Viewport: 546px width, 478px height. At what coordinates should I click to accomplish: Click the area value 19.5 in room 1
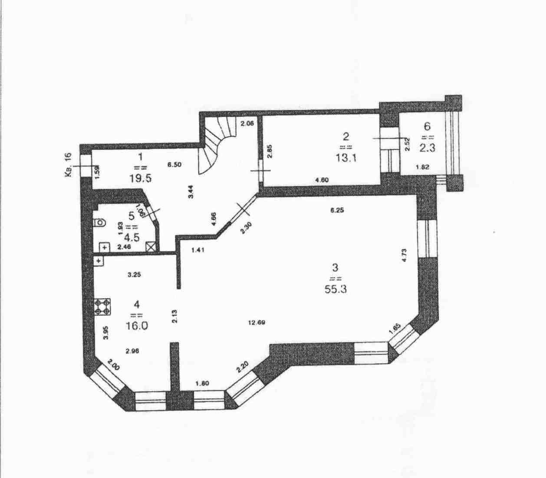140,178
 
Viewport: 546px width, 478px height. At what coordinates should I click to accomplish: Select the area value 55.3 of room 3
335,288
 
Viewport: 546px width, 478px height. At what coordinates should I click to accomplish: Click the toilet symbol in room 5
99,223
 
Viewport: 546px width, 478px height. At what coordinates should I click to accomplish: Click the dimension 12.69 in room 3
257,323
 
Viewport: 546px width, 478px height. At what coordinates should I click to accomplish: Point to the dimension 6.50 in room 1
175,165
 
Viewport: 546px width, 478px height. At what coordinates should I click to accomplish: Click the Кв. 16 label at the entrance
68,165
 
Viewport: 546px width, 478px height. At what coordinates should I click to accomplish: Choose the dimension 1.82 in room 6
423,167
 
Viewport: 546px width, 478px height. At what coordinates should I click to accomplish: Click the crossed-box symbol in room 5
151,247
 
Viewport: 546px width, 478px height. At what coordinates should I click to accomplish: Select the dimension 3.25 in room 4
135,274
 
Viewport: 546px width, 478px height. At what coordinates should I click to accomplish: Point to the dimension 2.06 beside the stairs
247,123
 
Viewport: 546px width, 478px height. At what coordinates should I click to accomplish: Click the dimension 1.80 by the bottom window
202,383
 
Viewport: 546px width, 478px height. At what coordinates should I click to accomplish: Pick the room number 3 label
335,267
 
